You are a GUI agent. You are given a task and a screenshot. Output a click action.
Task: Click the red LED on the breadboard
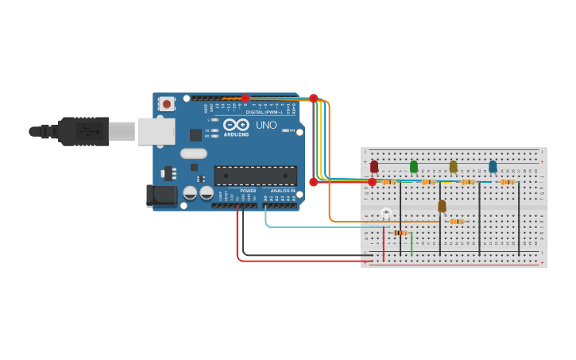pyautogui.click(x=374, y=167)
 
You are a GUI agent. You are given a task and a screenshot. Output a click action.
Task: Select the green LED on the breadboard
pyautogui.click(x=414, y=166)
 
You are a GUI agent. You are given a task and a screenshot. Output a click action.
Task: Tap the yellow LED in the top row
pyautogui.click(x=453, y=166)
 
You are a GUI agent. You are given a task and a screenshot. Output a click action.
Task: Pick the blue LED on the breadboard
pyautogui.click(x=493, y=166)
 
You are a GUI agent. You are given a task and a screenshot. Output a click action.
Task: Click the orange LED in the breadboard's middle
pyautogui.click(x=442, y=206)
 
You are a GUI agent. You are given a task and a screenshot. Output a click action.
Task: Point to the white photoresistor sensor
pyautogui.click(x=386, y=212)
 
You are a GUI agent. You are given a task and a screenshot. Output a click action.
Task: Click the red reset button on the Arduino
pyautogui.click(x=167, y=103)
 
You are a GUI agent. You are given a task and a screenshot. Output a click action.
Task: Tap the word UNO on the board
pyautogui.click(x=265, y=125)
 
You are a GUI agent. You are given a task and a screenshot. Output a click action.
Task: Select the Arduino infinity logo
pyautogui.click(x=236, y=125)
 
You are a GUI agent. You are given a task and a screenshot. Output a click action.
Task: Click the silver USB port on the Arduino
pyautogui.click(x=156, y=131)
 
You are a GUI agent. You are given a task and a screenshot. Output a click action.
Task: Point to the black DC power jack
pyautogui.click(x=162, y=195)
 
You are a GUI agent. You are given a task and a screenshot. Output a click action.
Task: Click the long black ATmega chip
pyautogui.click(x=255, y=176)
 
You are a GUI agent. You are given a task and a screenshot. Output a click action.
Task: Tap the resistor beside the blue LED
pyautogui.click(x=508, y=182)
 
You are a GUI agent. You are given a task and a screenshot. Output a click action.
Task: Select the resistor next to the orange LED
pyautogui.click(x=456, y=222)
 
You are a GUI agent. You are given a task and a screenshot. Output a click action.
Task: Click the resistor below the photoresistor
pyautogui.click(x=400, y=233)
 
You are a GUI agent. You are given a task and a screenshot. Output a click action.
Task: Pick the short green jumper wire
pyautogui.click(x=412, y=244)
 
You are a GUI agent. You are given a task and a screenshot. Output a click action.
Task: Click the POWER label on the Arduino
pyautogui.click(x=248, y=191)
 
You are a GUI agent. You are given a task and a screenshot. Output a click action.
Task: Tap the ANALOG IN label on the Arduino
pyautogui.click(x=282, y=191)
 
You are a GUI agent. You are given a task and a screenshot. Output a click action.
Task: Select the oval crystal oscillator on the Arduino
pyautogui.click(x=193, y=153)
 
